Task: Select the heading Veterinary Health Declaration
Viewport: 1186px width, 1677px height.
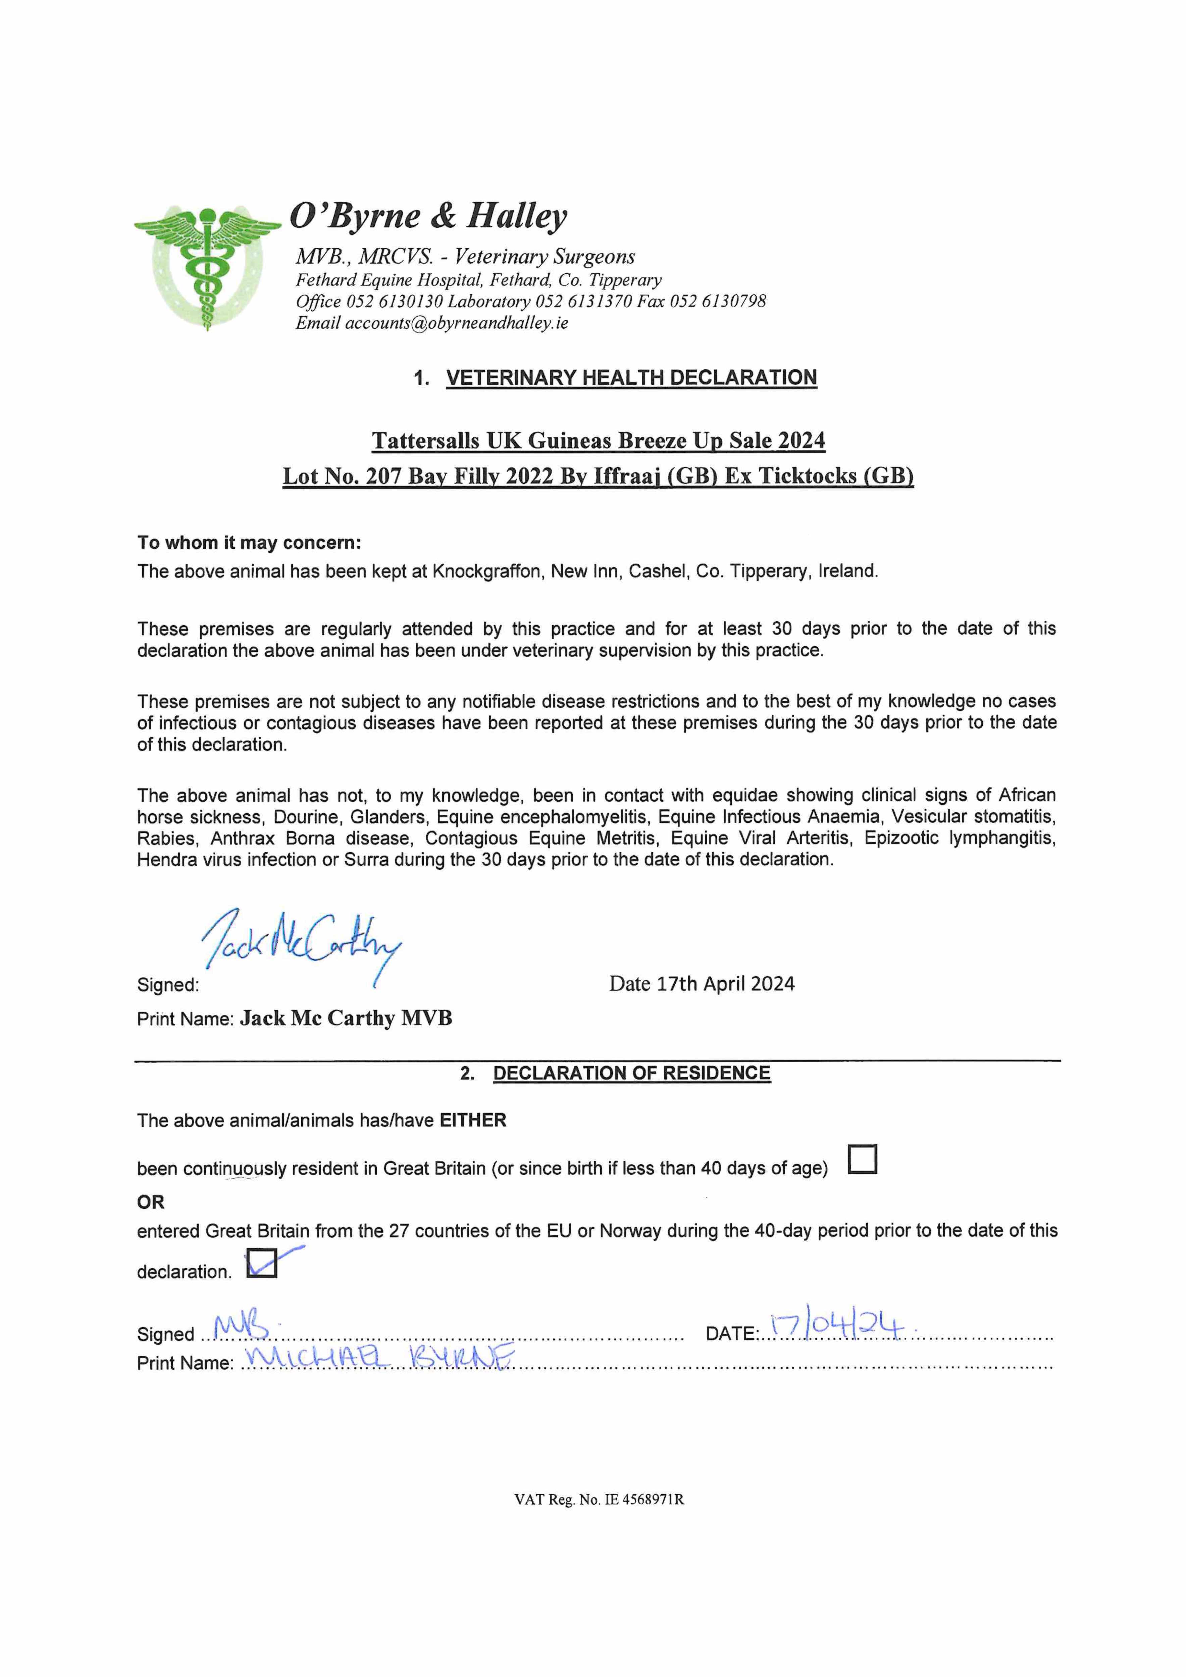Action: (x=631, y=378)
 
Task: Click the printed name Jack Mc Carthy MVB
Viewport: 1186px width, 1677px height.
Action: (x=346, y=1018)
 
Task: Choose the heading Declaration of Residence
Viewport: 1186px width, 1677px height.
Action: (x=631, y=1073)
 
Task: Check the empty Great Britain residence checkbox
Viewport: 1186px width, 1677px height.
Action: (x=862, y=1159)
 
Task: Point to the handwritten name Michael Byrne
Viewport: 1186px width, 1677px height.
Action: (x=378, y=1356)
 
